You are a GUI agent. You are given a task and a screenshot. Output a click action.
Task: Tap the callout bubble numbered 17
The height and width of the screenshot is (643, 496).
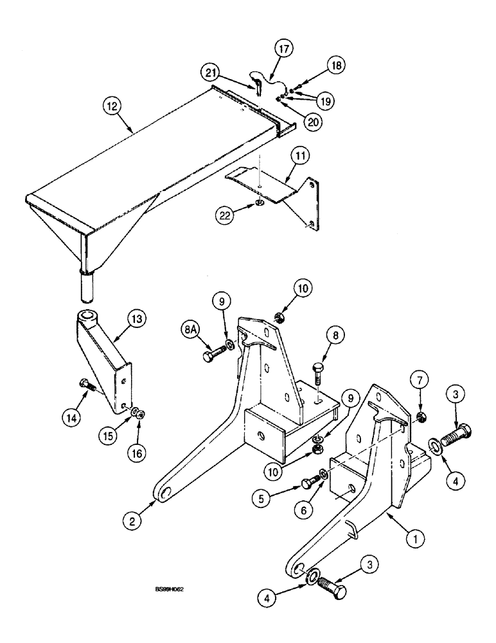[x=284, y=49]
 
